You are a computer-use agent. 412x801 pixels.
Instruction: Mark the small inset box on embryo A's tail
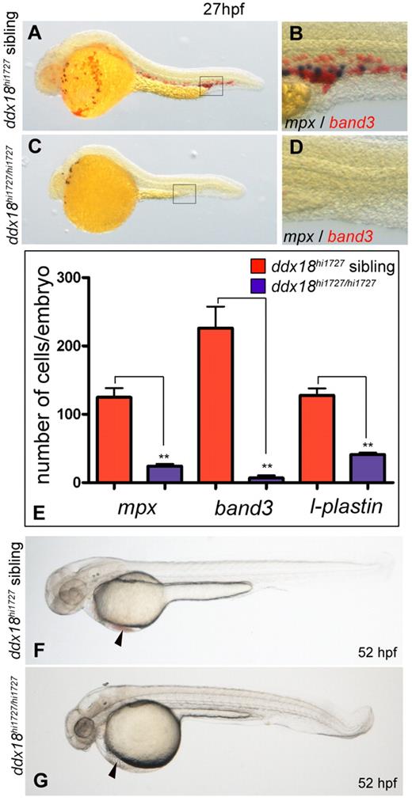[x=211, y=85]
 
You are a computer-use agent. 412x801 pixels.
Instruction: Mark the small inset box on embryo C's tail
[x=184, y=192]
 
